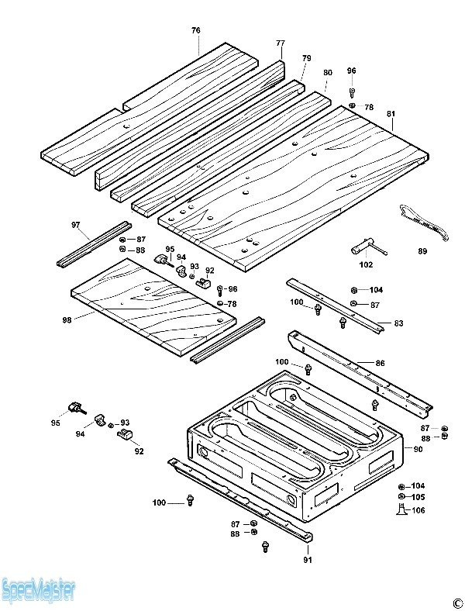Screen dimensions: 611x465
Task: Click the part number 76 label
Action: pyautogui.click(x=196, y=30)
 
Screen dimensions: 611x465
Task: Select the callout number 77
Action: pyautogui.click(x=281, y=43)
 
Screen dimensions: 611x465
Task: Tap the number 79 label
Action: pyautogui.click(x=306, y=58)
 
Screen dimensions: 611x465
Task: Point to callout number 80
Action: pyautogui.click(x=328, y=72)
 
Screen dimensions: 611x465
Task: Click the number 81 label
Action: pyautogui.click(x=391, y=114)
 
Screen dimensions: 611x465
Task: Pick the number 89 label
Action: pyautogui.click(x=422, y=250)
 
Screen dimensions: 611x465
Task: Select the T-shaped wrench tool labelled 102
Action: pyautogui.click(x=369, y=248)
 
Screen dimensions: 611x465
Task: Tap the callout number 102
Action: pyautogui.click(x=366, y=264)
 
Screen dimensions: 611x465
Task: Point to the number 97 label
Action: pyautogui.click(x=76, y=225)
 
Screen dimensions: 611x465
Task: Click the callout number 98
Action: pyautogui.click(x=66, y=319)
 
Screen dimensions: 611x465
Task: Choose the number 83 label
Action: pyautogui.click(x=398, y=323)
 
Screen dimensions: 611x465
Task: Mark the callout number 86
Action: pyautogui.click(x=380, y=362)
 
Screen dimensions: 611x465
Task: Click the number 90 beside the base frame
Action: pyautogui.click(x=418, y=450)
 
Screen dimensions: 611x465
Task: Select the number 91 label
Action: pyautogui.click(x=307, y=558)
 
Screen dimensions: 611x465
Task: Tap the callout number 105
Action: pyautogui.click(x=418, y=497)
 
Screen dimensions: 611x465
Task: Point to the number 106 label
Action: pyautogui.click(x=418, y=510)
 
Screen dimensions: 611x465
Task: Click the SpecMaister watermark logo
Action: pyautogui.click(x=39, y=592)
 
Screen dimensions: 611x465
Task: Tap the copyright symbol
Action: pyautogui.click(x=456, y=602)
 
